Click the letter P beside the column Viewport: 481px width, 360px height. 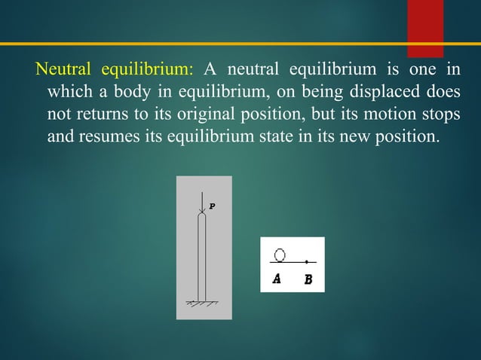[212, 205]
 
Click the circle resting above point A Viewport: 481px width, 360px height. [280, 255]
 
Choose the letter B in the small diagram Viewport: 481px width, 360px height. [308, 279]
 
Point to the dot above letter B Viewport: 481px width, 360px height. [307, 261]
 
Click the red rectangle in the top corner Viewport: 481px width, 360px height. [425, 27]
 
